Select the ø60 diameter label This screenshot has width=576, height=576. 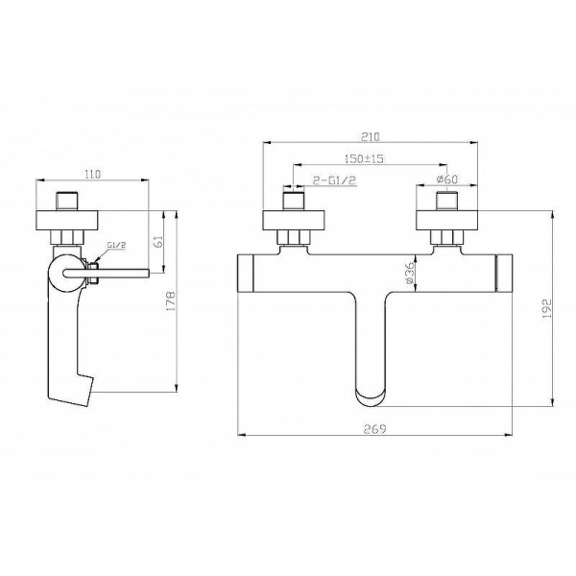[x=446, y=179]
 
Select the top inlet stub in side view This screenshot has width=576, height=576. [x=66, y=201]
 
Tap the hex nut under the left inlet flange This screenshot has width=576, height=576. [x=293, y=237]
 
